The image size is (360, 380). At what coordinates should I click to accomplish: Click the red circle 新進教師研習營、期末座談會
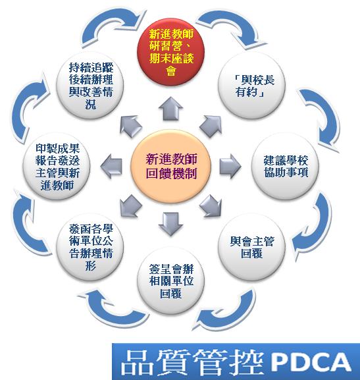tap(171, 52)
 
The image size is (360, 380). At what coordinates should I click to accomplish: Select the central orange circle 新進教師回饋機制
tap(171, 166)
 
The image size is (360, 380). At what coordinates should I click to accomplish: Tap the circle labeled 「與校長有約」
tap(251, 86)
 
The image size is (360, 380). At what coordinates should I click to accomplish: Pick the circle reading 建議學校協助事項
tap(285, 166)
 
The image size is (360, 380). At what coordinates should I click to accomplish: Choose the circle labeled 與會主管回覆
tap(251, 247)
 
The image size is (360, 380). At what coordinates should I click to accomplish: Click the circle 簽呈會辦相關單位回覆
tap(171, 281)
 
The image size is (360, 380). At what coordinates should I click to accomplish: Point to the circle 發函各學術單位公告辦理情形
tap(90, 247)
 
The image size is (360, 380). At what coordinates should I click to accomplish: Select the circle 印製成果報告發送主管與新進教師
tap(57, 166)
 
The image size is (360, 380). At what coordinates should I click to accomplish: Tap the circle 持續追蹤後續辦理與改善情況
tap(90, 86)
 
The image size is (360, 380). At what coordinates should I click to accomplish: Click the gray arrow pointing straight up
tap(171, 109)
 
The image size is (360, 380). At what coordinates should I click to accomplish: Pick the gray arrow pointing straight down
tap(171, 224)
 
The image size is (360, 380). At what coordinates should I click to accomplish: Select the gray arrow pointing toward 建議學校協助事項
tap(230, 166)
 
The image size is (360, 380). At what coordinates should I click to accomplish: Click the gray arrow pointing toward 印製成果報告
tap(111, 166)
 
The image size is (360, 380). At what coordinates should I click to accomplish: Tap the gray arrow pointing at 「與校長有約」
tap(211, 126)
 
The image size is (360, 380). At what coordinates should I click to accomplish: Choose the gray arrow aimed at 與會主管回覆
tap(211, 206)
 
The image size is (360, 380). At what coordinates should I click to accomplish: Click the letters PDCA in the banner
tap(311, 363)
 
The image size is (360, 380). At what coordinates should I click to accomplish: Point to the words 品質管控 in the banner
tap(192, 363)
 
